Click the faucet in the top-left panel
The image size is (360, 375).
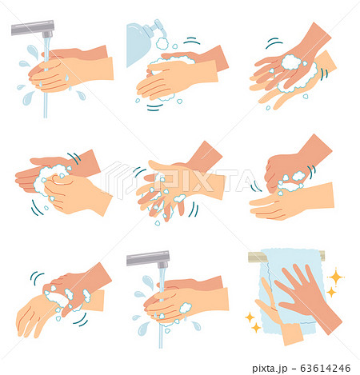32,30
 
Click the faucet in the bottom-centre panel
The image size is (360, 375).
150,260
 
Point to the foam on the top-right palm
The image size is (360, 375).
292,62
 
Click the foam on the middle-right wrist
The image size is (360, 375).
291,181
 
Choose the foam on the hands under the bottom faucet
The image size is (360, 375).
184,308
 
